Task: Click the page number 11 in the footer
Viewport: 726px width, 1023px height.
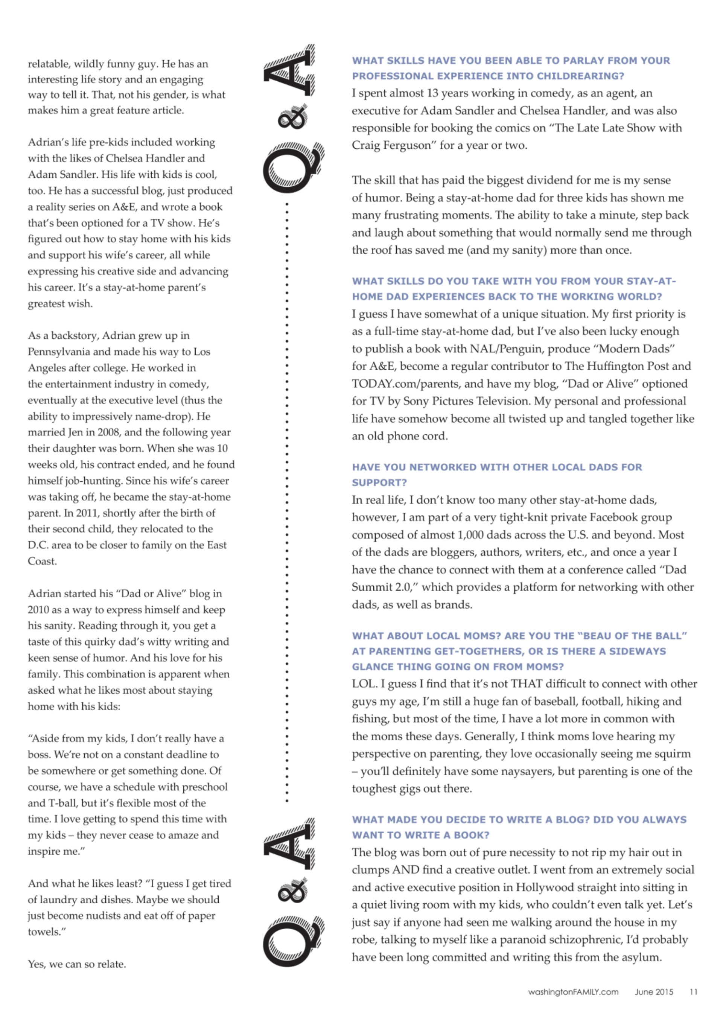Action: point(693,992)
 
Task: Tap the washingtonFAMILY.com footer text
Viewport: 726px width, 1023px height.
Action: point(573,992)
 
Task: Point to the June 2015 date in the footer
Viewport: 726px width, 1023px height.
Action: point(654,992)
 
